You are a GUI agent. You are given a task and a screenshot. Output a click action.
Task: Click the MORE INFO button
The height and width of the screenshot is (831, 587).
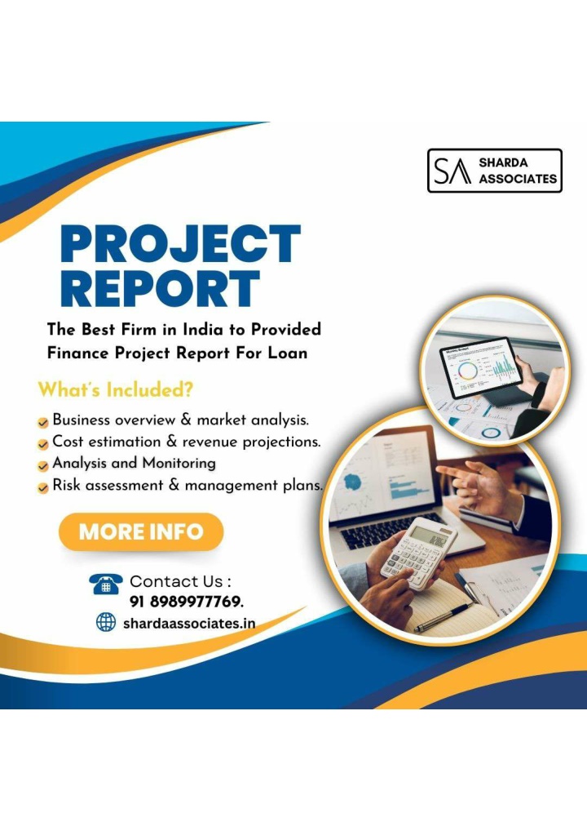tap(141, 531)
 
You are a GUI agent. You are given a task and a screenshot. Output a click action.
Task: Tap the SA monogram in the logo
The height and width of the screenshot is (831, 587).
tap(452, 171)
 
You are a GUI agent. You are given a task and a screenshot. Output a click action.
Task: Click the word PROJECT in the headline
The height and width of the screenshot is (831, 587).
tap(180, 243)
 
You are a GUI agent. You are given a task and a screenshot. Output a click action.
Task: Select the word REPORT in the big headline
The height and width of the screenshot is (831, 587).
tap(160, 289)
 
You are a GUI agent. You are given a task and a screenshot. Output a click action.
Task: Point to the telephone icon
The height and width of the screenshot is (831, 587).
tap(106, 584)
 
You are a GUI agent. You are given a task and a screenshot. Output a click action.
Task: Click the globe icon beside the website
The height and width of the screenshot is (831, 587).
tap(106, 622)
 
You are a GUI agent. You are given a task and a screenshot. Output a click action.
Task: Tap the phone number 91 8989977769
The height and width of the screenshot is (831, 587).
tap(187, 602)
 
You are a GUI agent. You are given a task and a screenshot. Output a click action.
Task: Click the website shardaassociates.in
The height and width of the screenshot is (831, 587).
tap(189, 624)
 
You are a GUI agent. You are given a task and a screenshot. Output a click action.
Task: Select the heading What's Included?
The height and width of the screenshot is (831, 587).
tap(116, 390)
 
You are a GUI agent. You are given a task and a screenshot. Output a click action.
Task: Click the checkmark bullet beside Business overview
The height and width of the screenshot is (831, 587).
tap(43, 423)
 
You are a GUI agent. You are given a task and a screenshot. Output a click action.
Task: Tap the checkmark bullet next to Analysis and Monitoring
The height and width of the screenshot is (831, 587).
tap(43, 466)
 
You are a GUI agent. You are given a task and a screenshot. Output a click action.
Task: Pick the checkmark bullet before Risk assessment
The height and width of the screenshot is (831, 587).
tap(43, 488)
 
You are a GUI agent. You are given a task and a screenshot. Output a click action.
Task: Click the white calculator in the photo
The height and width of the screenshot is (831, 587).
tap(417, 553)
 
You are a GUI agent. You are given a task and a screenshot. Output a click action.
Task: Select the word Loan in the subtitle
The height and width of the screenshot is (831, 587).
tap(287, 353)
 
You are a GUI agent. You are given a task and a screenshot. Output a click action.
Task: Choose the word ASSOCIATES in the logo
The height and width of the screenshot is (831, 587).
tap(519, 179)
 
